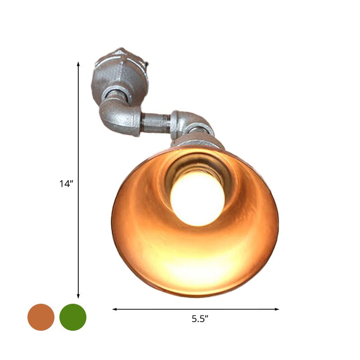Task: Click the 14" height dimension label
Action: point(65,184)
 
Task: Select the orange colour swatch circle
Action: point(41,317)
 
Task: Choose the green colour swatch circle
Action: point(73,317)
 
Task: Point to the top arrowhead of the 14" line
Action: point(78,64)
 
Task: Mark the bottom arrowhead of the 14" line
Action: point(78,297)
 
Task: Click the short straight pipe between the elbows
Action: point(155,122)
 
